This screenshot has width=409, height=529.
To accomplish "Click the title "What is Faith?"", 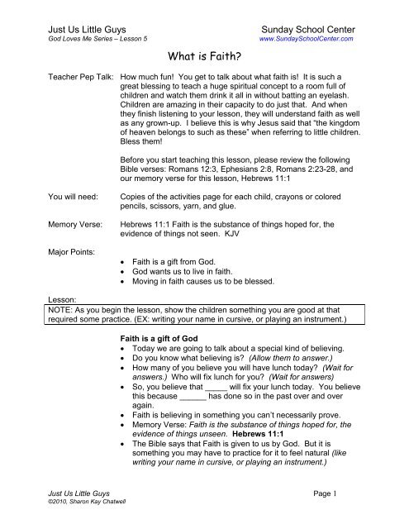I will (x=204, y=57).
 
